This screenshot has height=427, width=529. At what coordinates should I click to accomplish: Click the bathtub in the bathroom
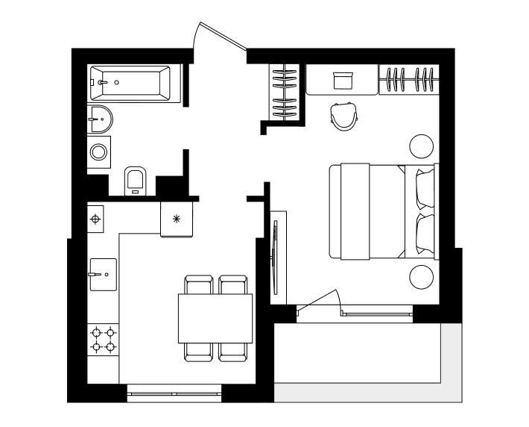pos(131,82)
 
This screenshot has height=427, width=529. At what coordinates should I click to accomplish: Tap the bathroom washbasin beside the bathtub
pos(98,117)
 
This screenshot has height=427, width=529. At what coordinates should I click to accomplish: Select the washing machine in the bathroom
pos(99,152)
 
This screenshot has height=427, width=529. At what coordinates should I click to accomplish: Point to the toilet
pos(135,179)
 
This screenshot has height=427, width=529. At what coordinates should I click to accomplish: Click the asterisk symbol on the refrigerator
pos(177,219)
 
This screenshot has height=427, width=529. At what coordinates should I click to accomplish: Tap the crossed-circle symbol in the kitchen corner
pos(95,219)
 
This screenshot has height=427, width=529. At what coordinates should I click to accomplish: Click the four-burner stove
pos(103,339)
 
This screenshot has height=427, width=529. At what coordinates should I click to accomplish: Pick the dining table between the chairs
pos(215,319)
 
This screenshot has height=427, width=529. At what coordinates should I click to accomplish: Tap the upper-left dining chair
pos(198,285)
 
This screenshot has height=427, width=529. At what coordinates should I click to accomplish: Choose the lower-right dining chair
pos(232,352)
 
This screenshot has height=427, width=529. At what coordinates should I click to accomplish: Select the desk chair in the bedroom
pos(343,115)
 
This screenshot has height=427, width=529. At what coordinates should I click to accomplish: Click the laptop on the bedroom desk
pos(343,80)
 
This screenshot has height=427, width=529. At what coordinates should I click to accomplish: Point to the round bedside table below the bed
pos(421,278)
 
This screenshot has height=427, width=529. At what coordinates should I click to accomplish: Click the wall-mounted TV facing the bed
pos(276,258)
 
